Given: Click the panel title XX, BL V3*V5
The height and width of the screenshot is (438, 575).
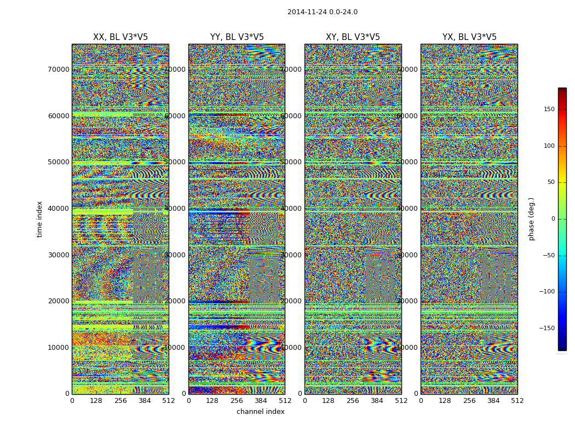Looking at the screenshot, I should [x=120, y=37].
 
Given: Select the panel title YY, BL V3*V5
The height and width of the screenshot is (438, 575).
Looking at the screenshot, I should [x=237, y=37].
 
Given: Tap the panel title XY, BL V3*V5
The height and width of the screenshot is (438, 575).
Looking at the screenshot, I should [x=353, y=37].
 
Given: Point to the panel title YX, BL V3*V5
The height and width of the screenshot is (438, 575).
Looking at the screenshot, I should [x=469, y=37].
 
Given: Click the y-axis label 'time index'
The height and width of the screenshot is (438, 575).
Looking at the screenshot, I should [x=39, y=219].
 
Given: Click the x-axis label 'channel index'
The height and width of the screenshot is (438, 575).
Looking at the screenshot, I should [x=260, y=412].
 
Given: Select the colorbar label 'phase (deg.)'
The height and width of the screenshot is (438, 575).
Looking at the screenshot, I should [x=531, y=219].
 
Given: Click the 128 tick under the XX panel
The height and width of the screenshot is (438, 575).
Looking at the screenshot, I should [x=96, y=401].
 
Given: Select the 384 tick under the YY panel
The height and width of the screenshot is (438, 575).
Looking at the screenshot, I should [x=261, y=401].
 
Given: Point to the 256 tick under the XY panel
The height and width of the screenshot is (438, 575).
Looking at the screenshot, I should [x=353, y=401].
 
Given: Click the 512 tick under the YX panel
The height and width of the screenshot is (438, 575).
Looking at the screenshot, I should [x=517, y=401].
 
